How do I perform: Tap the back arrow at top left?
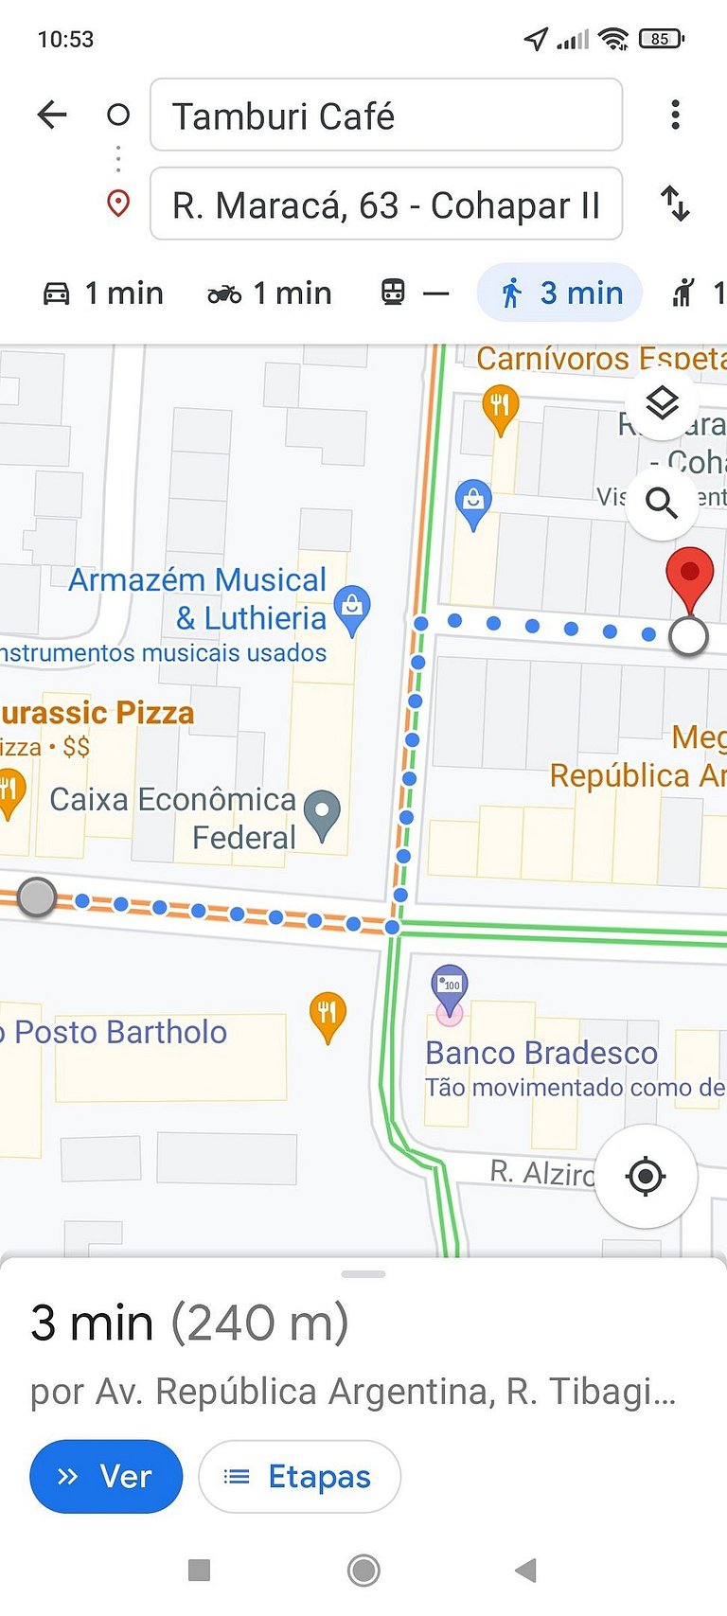click(52, 115)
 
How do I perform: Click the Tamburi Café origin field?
click(385, 115)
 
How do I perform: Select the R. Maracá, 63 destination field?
click(385, 204)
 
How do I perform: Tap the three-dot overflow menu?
click(675, 115)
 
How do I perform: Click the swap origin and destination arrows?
click(675, 204)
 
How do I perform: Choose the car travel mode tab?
click(103, 293)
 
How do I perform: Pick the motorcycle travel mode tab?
click(270, 293)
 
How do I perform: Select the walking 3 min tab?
click(560, 293)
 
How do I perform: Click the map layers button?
click(662, 403)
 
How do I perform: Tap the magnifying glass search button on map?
click(662, 503)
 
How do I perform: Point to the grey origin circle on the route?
click(37, 897)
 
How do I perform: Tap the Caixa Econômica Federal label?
click(174, 818)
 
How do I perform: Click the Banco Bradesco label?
click(541, 1053)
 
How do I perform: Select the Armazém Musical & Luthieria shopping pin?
click(352, 607)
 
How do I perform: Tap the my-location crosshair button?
click(646, 1176)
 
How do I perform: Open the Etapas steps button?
click(299, 1476)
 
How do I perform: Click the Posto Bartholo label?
click(119, 1032)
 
